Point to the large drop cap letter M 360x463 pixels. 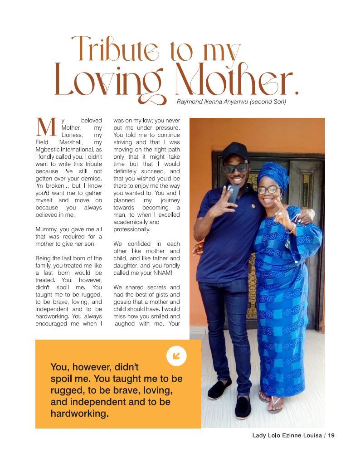pyautogui.click(x=46, y=127)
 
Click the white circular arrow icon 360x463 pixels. pyautogui.click(x=176, y=356)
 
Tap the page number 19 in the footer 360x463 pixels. pyautogui.click(x=331, y=435)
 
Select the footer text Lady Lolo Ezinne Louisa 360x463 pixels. pyautogui.click(x=287, y=435)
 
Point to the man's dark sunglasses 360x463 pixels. pyautogui.click(x=235, y=168)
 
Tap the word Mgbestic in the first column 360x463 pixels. pyautogui.click(x=49, y=150)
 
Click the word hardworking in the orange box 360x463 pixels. pyautogui.click(x=79, y=414)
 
